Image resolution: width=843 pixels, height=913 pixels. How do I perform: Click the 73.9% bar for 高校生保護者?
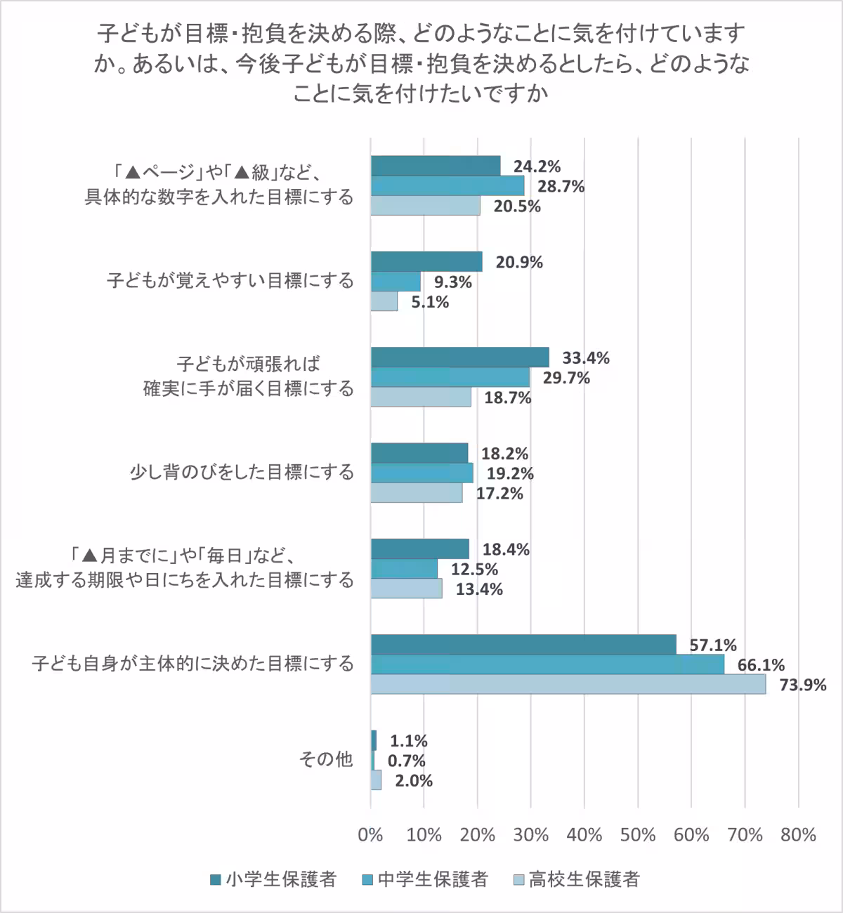(568, 684)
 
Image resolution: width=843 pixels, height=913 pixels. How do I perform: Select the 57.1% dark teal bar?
(523, 645)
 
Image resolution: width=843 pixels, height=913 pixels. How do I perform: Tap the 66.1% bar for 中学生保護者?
(547, 664)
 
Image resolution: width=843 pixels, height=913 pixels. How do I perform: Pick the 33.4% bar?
(459, 357)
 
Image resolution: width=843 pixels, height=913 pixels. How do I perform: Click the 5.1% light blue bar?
(384, 302)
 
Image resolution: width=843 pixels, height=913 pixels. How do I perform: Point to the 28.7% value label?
(561, 186)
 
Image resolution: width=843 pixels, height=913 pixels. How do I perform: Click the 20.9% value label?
(519, 262)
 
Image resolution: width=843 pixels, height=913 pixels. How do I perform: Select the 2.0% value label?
(414, 780)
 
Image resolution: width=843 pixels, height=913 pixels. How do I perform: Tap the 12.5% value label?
(474, 569)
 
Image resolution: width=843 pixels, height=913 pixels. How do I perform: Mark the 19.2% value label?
(510, 473)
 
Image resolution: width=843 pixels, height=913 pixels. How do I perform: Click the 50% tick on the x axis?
(638, 834)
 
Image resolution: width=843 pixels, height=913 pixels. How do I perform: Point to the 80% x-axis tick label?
(798, 834)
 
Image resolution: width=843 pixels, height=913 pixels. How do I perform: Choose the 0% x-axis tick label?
(370, 834)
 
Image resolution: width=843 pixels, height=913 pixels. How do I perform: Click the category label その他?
(326, 759)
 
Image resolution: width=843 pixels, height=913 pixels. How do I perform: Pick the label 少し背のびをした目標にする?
(242, 472)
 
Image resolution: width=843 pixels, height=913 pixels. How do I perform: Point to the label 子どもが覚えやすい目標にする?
(230, 281)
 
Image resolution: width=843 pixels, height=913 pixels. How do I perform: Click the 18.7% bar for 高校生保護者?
(421, 398)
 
